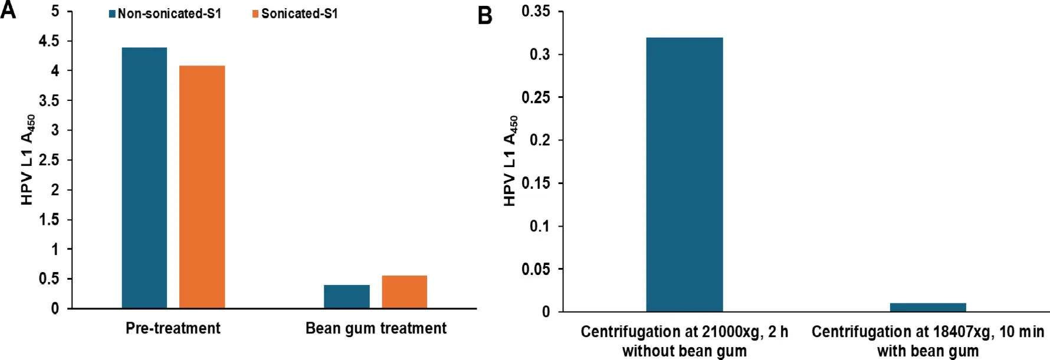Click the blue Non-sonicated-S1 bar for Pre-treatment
pyautogui.click(x=144, y=178)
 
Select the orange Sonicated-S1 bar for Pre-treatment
pyautogui.click(x=202, y=186)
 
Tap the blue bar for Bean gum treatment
pyautogui.click(x=346, y=296)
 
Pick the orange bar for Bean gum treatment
pyautogui.click(x=404, y=292)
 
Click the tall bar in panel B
pyautogui.click(x=684, y=174)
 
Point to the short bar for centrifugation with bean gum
pyautogui.click(x=927, y=307)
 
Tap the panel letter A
pyautogui.click(x=8, y=10)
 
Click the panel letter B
pyautogui.click(x=485, y=15)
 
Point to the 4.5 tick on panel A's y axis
pyautogui.click(x=50, y=41)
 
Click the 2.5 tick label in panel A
pyautogui.click(x=50, y=160)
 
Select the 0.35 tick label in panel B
pyautogui.click(x=536, y=11)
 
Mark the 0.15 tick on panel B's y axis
pyautogui.click(x=536, y=183)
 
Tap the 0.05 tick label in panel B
pyautogui.click(x=536, y=269)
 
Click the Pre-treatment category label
pyautogui.click(x=173, y=328)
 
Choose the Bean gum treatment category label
pyautogui.click(x=376, y=328)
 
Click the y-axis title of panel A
pyautogui.click(x=27, y=160)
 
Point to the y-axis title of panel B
pyautogui.click(x=510, y=161)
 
